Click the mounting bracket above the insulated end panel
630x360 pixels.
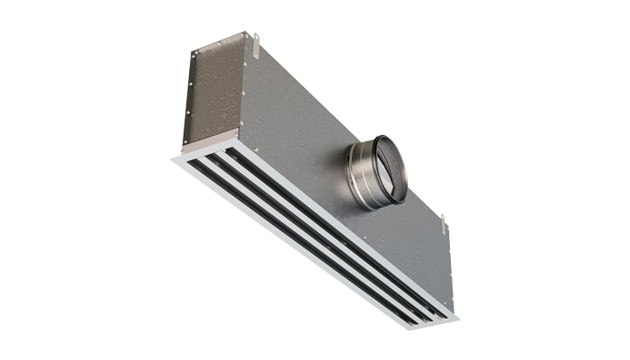(x=255, y=39)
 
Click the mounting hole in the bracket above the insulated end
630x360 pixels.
(x=256, y=38)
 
